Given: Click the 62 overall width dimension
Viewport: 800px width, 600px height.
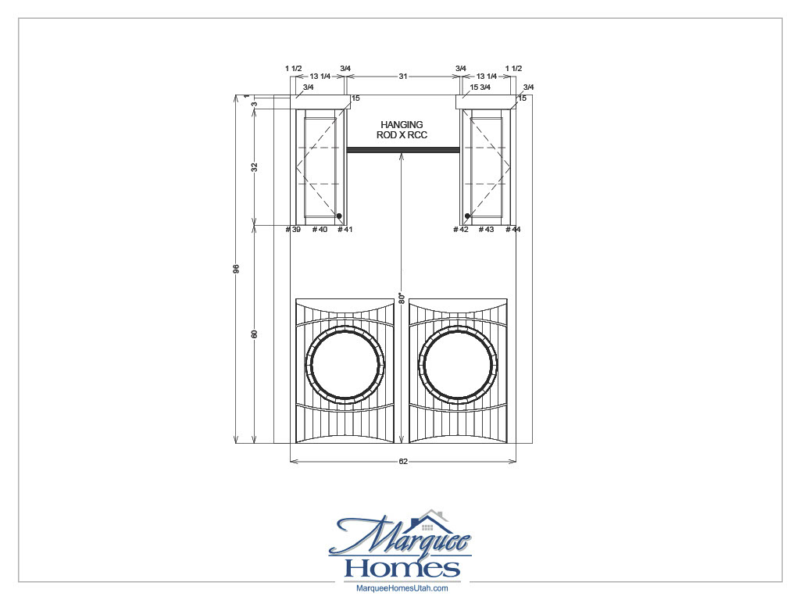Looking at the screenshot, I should (x=403, y=462).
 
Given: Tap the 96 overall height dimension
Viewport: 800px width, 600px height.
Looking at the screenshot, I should (x=236, y=269).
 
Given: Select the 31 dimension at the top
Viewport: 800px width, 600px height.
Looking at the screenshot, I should (x=403, y=77).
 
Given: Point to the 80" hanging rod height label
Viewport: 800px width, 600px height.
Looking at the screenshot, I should (x=400, y=298).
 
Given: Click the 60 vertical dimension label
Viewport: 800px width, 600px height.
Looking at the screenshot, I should (x=255, y=334).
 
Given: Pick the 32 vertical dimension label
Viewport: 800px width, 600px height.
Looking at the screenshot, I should (x=255, y=166).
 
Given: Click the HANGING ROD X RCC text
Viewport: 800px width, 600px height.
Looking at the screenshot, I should (x=402, y=130).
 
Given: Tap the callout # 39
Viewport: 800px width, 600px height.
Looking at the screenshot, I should (x=293, y=229).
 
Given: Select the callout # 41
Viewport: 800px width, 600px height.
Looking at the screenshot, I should (x=345, y=229).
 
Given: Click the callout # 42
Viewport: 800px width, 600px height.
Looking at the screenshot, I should (x=461, y=229).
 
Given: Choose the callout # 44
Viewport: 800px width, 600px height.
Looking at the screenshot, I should (x=512, y=229).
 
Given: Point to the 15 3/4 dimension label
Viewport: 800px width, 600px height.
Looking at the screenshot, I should (x=480, y=87).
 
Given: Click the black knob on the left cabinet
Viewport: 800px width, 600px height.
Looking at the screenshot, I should (x=339, y=216).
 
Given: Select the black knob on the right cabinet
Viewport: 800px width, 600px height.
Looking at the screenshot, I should (x=467, y=216).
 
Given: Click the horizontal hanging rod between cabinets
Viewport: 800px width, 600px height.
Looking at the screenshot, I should (x=402, y=150).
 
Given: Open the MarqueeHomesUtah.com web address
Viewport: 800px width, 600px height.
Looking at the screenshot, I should (x=402, y=588).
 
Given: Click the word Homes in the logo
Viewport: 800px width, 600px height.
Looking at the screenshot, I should (x=402, y=567).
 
